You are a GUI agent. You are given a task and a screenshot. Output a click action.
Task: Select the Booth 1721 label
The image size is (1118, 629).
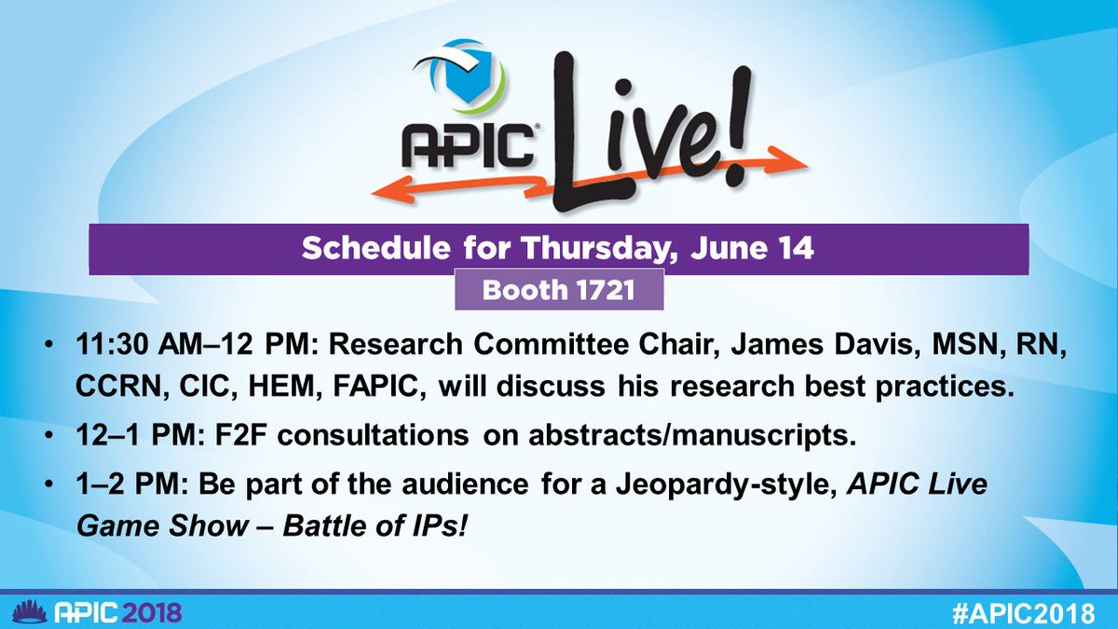click(558, 291)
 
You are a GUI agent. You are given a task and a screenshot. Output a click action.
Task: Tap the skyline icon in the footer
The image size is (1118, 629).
click(20, 611)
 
